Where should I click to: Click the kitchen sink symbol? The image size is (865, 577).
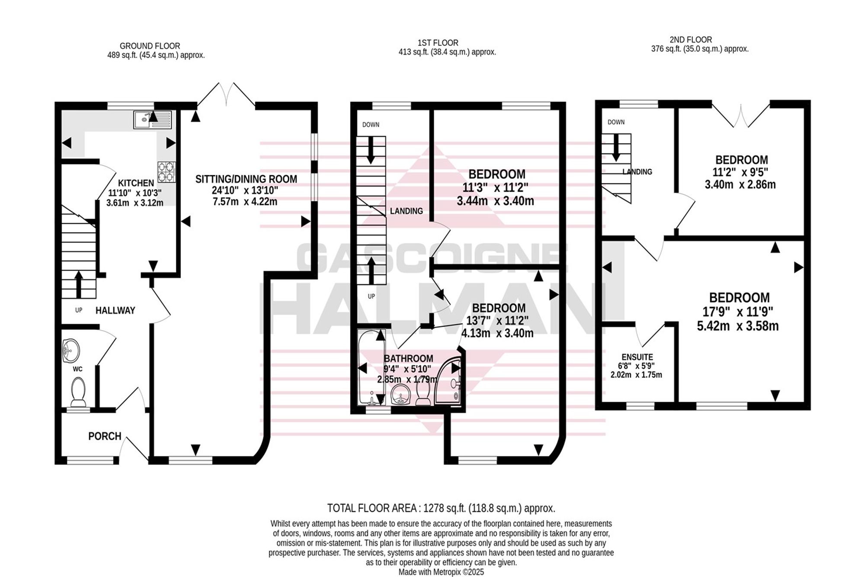153,119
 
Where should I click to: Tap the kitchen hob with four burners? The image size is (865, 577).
167,171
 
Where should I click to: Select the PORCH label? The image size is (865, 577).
105,436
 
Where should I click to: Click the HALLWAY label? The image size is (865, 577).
115,310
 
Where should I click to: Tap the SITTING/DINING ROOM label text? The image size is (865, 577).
246,179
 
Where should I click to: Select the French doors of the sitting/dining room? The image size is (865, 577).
226,94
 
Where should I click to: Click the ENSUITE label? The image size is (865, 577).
637,357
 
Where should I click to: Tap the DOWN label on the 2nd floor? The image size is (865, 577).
616,122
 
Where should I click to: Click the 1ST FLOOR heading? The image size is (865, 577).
438,43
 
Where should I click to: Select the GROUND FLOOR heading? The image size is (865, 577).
150,46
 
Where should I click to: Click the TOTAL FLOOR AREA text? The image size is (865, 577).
441,508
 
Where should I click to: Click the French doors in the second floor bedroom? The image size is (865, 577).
741,115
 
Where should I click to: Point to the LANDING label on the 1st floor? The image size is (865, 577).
406,211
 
